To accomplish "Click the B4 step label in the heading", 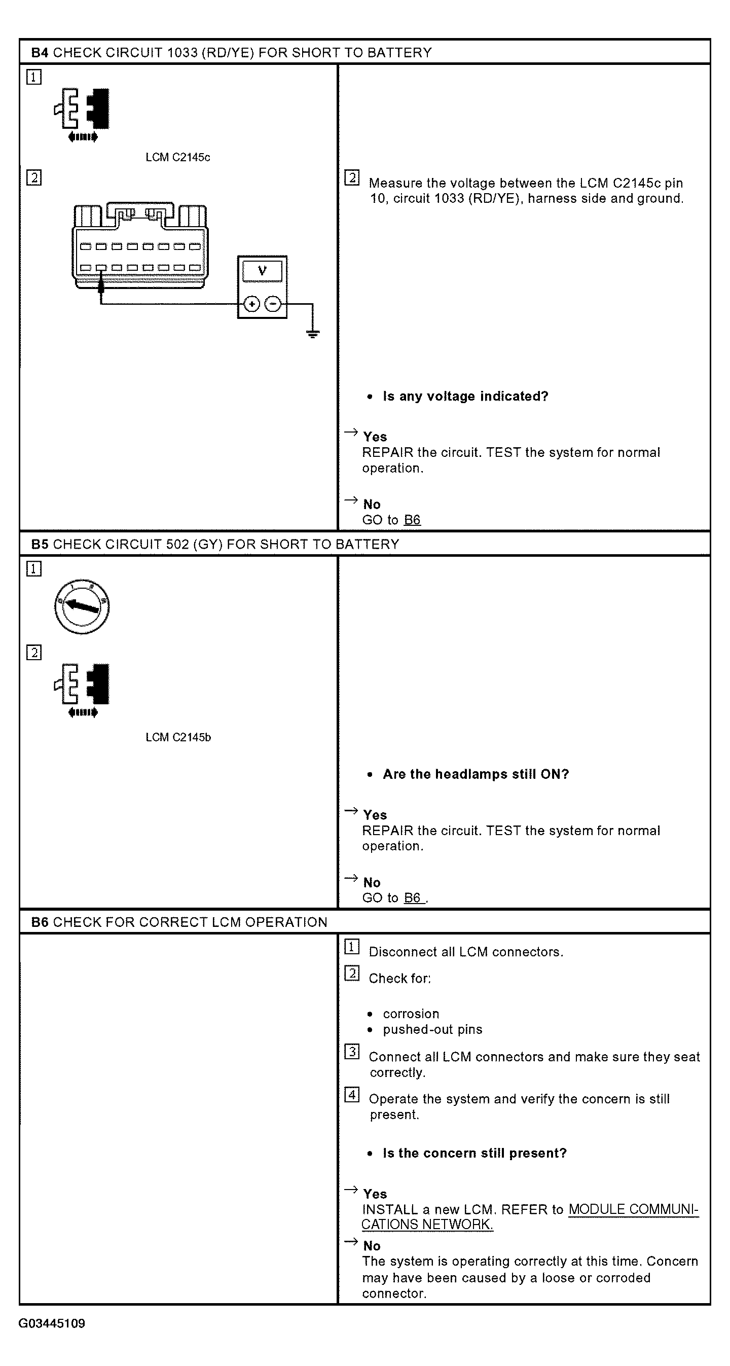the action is click(40, 53).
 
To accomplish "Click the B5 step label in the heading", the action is click(40, 544).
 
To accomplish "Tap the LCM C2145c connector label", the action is click(178, 158).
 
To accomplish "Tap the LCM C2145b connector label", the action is click(178, 738).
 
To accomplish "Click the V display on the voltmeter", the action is click(263, 271).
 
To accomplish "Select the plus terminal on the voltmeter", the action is click(251, 304).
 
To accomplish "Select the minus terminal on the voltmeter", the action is click(273, 304).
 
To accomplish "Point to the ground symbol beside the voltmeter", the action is click(313, 334).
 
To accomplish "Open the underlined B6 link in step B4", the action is click(412, 520).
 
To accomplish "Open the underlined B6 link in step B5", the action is click(413, 898).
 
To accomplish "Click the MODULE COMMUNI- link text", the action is click(634, 1209).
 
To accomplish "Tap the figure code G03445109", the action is click(52, 1323).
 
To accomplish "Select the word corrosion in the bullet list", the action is click(411, 1014).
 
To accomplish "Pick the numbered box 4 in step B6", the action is click(352, 1095).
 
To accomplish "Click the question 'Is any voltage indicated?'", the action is click(465, 397).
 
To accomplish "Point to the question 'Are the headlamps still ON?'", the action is click(476, 774).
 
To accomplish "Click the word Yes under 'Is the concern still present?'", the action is click(375, 1194).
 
